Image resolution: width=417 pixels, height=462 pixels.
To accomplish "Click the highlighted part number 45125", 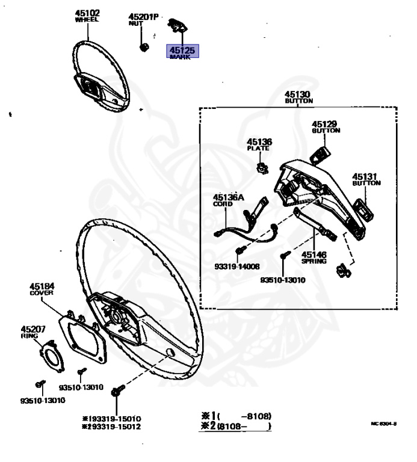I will click(x=182, y=51).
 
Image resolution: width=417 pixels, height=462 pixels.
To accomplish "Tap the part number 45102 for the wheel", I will click(x=88, y=13).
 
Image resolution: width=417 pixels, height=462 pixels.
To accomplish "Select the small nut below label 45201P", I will click(x=144, y=46).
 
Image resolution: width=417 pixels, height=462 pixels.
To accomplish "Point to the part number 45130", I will click(x=297, y=94).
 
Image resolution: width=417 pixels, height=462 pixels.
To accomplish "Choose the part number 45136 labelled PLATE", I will click(x=259, y=142).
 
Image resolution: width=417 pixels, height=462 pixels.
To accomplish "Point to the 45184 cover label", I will click(x=42, y=286).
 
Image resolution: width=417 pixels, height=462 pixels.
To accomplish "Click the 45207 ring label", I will click(x=33, y=328).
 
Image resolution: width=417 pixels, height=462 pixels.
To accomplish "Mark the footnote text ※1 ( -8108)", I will click(x=237, y=416).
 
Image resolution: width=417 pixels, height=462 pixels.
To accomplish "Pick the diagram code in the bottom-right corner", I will click(x=383, y=423).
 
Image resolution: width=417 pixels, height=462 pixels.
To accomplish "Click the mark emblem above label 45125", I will click(x=177, y=26).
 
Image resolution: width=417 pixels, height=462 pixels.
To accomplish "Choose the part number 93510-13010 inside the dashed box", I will click(x=282, y=280).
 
